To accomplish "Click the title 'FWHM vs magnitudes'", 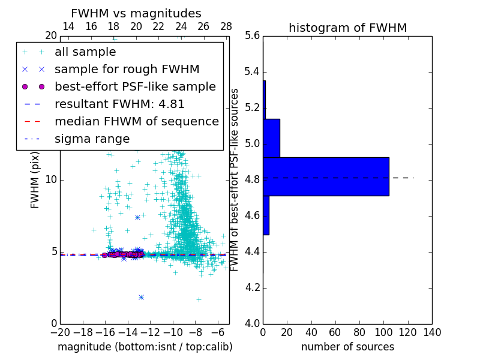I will coord(136,13).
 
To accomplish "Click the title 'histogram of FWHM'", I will coord(347,28).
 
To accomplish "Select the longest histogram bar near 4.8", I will coord(326,176).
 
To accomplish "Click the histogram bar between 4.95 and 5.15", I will coord(271,138).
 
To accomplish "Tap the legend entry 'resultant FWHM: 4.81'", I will coord(119,104).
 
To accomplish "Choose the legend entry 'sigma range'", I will coord(92,139).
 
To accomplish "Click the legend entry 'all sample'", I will coord(85,52).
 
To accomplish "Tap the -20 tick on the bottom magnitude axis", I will coord(60,332).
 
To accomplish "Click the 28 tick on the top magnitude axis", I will coord(226,26).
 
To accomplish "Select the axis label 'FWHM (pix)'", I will coord(35,180).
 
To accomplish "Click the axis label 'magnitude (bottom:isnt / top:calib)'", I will coord(145,347).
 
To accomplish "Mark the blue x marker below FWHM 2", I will coord(141,297).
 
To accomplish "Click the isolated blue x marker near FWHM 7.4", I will coord(137,217).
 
